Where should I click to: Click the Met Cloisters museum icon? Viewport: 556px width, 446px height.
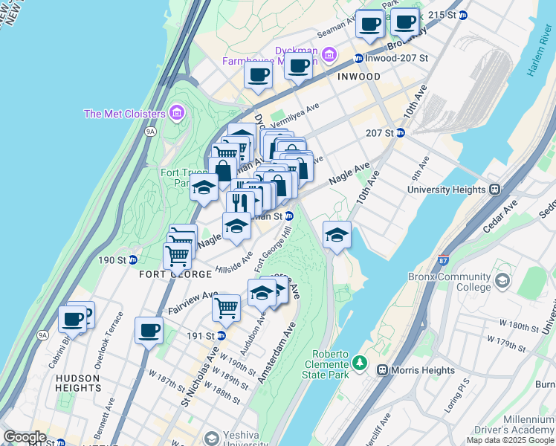pyautogui.click(x=176, y=113)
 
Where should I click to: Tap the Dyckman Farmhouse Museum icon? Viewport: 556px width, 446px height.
pyautogui.click(x=331, y=55)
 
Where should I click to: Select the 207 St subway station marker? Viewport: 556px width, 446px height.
pyautogui.click(x=400, y=133)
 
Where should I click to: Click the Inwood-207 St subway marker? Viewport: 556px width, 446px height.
pyautogui.click(x=358, y=58)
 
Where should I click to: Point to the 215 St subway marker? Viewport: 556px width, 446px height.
pyautogui.click(x=462, y=15)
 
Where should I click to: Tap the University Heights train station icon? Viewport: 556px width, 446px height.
pyautogui.click(x=492, y=190)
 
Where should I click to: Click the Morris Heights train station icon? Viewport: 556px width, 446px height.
pyautogui.click(x=382, y=370)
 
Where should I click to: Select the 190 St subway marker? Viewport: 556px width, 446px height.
pyautogui.click(x=132, y=260)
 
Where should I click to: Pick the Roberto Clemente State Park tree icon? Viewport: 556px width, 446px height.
pyautogui.click(x=360, y=363)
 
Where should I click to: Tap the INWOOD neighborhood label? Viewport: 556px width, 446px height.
pyautogui.click(x=358, y=77)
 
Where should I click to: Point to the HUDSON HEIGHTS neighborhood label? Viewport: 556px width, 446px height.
pyautogui.click(x=78, y=383)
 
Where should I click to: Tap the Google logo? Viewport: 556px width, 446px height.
pyautogui.click(x=25, y=437)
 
